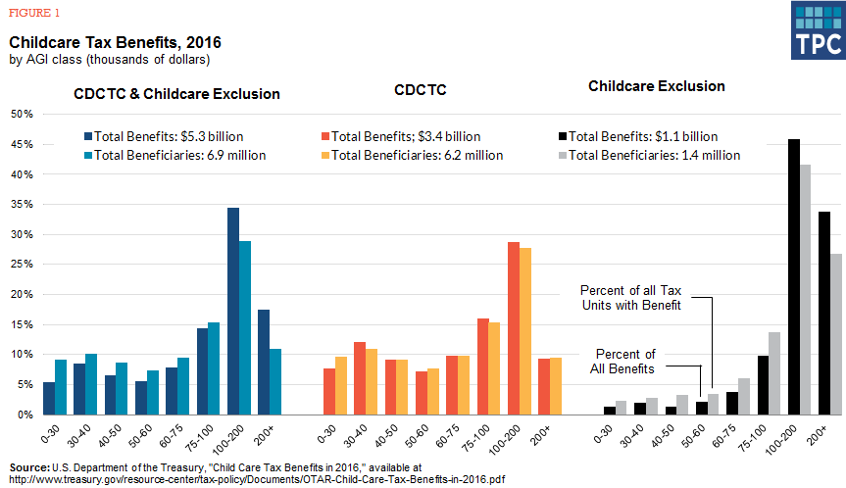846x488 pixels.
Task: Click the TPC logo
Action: pos(818,30)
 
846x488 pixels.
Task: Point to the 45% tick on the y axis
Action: pos(21,144)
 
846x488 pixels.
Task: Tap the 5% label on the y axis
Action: pos(25,384)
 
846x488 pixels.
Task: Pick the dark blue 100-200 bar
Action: pos(233,311)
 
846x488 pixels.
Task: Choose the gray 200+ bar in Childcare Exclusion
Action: pos(836,333)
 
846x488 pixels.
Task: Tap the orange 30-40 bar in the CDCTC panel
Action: pos(371,381)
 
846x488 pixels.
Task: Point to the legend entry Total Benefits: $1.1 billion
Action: pos(644,136)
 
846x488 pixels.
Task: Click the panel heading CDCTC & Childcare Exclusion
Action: pos(177,94)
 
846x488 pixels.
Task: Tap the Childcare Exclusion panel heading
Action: pos(656,86)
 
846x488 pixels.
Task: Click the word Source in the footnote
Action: pos(29,467)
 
